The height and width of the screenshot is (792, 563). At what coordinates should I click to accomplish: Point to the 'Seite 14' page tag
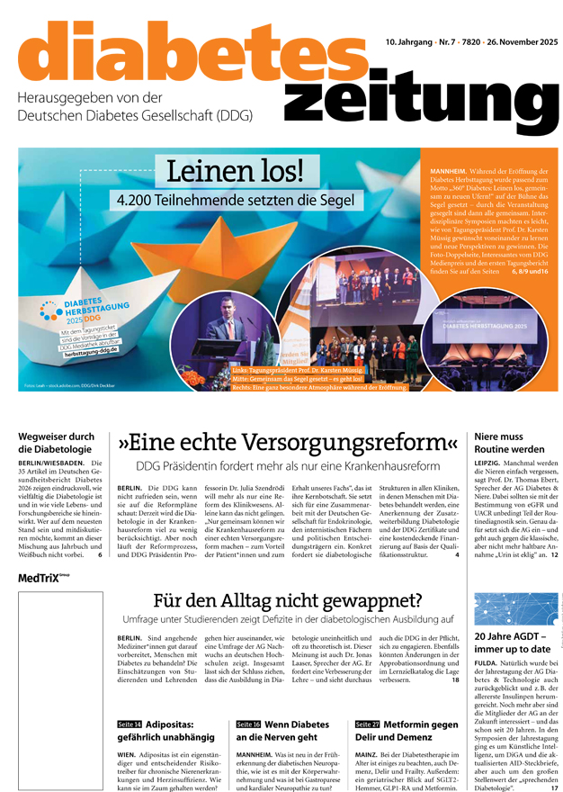click(130, 724)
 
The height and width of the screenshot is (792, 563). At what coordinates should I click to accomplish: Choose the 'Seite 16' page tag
click(248, 724)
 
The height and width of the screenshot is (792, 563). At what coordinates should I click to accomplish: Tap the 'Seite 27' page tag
click(367, 724)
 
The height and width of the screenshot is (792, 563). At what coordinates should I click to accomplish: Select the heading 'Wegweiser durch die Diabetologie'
click(56, 443)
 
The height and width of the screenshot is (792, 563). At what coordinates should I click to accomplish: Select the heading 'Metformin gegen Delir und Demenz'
click(412, 730)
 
